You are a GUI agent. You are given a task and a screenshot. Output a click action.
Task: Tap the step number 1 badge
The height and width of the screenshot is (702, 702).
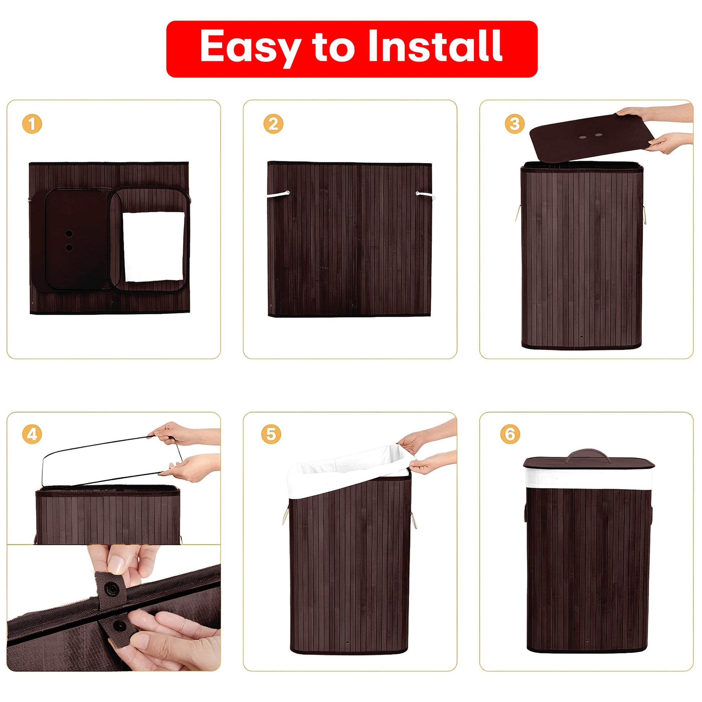pyautogui.click(x=32, y=124)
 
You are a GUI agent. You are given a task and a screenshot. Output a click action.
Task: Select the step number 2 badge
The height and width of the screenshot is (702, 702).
pyautogui.click(x=273, y=124)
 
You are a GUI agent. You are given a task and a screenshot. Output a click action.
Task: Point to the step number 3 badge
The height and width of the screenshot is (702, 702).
pyautogui.click(x=514, y=124)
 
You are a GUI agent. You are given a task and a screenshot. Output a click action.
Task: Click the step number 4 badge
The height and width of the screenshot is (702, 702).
pyautogui.click(x=32, y=434)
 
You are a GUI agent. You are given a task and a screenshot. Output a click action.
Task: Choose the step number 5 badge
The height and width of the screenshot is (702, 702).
pyautogui.click(x=271, y=434)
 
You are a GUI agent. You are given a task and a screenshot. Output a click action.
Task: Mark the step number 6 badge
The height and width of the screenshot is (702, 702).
pyautogui.click(x=510, y=434)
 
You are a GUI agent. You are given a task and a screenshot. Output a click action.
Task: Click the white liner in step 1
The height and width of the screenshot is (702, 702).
pyautogui.click(x=154, y=247)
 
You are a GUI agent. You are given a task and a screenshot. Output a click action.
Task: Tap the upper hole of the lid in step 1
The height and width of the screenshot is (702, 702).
pyautogui.click(x=69, y=233)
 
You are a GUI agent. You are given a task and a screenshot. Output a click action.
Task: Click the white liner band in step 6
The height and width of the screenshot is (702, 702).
pyautogui.click(x=588, y=479)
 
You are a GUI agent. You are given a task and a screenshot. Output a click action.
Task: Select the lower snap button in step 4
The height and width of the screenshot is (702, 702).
pyautogui.click(x=119, y=625)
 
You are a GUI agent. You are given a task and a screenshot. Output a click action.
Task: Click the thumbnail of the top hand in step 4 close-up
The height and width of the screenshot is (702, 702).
pyautogui.click(x=117, y=563)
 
